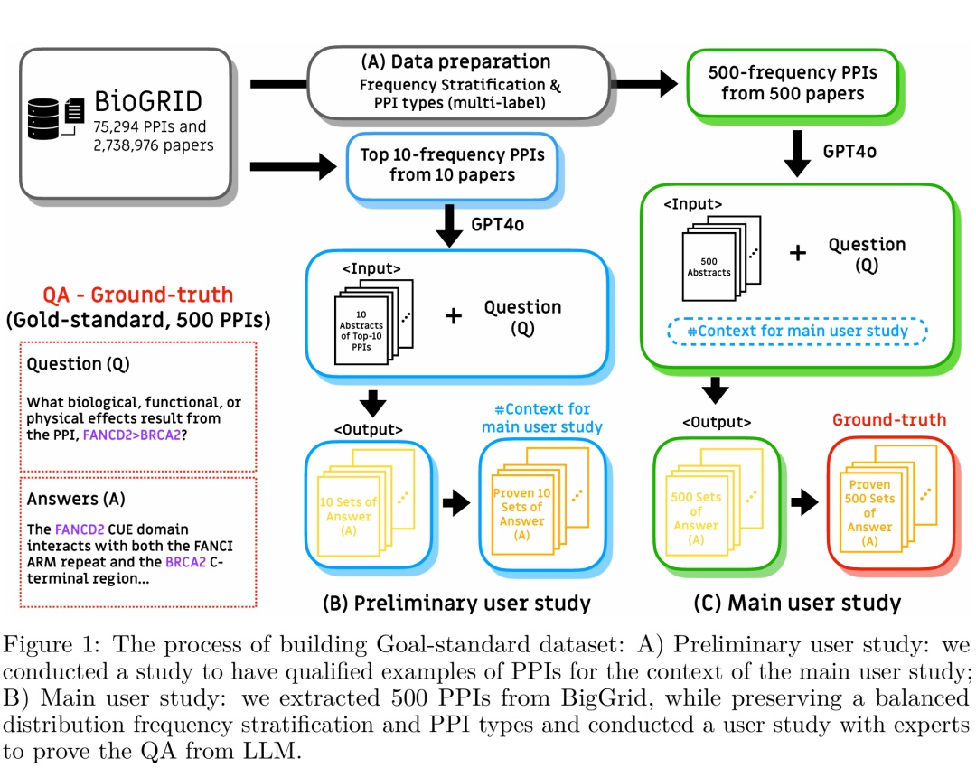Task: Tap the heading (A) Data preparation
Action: click(455, 62)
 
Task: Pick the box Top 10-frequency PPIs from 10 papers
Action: click(452, 164)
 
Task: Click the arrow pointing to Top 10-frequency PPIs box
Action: click(295, 166)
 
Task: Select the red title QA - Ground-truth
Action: click(137, 295)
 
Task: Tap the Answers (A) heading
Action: click(76, 500)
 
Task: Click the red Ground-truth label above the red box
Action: click(889, 419)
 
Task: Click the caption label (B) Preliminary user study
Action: click(456, 603)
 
